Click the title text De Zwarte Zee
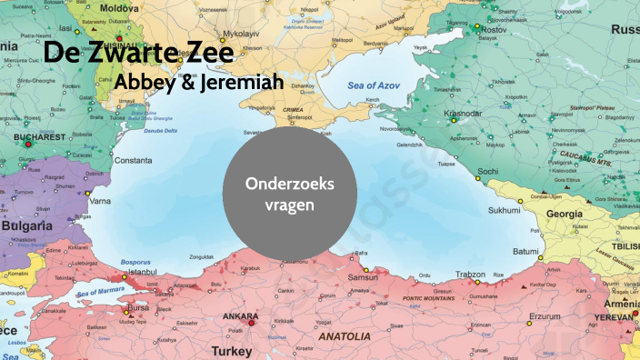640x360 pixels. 138,52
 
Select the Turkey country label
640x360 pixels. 231,350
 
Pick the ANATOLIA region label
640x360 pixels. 344,335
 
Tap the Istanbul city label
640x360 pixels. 143,271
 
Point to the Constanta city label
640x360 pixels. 134,160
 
